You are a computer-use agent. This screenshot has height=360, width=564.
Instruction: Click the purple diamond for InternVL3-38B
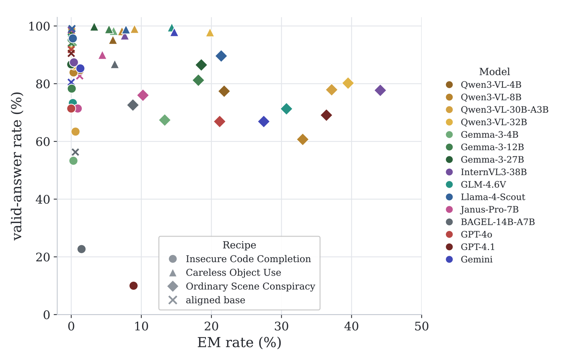pyautogui.click(x=380, y=90)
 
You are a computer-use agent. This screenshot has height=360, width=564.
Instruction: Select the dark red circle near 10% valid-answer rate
pyautogui.click(x=133, y=286)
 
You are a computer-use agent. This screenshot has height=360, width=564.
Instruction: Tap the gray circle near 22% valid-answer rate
pyautogui.click(x=81, y=249)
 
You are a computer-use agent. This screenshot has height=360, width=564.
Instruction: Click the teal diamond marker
pyautogui.click(x=286, y=109)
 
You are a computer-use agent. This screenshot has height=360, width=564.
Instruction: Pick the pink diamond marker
pyautogui.click(x=143, y=95)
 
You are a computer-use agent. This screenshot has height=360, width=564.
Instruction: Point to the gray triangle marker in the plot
pyautogui.click(x=115, y=64)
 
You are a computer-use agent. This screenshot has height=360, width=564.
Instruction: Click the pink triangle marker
pyautogui.click(x=102, y=55)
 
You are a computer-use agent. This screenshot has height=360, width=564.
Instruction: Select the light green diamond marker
pyautogui.click(x=165, y=120)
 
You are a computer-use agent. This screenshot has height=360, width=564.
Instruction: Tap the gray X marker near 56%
pyautogui.click(x=75, y=152)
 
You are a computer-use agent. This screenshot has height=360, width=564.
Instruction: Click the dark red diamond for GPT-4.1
pyautogui.click(x=326, y=115)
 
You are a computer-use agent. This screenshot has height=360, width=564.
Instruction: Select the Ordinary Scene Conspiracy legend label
pyautogui.click(x=251, y=286)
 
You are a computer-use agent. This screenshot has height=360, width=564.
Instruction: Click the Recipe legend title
pyautogui.click(x=239, y=245)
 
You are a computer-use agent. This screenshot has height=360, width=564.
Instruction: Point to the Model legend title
pyautogui.click(x=495, y=72)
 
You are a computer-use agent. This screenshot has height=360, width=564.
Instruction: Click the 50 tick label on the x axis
pyautogui.click(x=421, y=327)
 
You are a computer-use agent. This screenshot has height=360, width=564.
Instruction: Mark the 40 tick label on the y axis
pyautogui.click(x=43, y=199)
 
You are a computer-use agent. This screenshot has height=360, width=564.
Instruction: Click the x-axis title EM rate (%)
pyautogui.click(x=239, y=343)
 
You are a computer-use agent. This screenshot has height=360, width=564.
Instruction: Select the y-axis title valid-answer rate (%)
pyautogui.click(x=17, y=166)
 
